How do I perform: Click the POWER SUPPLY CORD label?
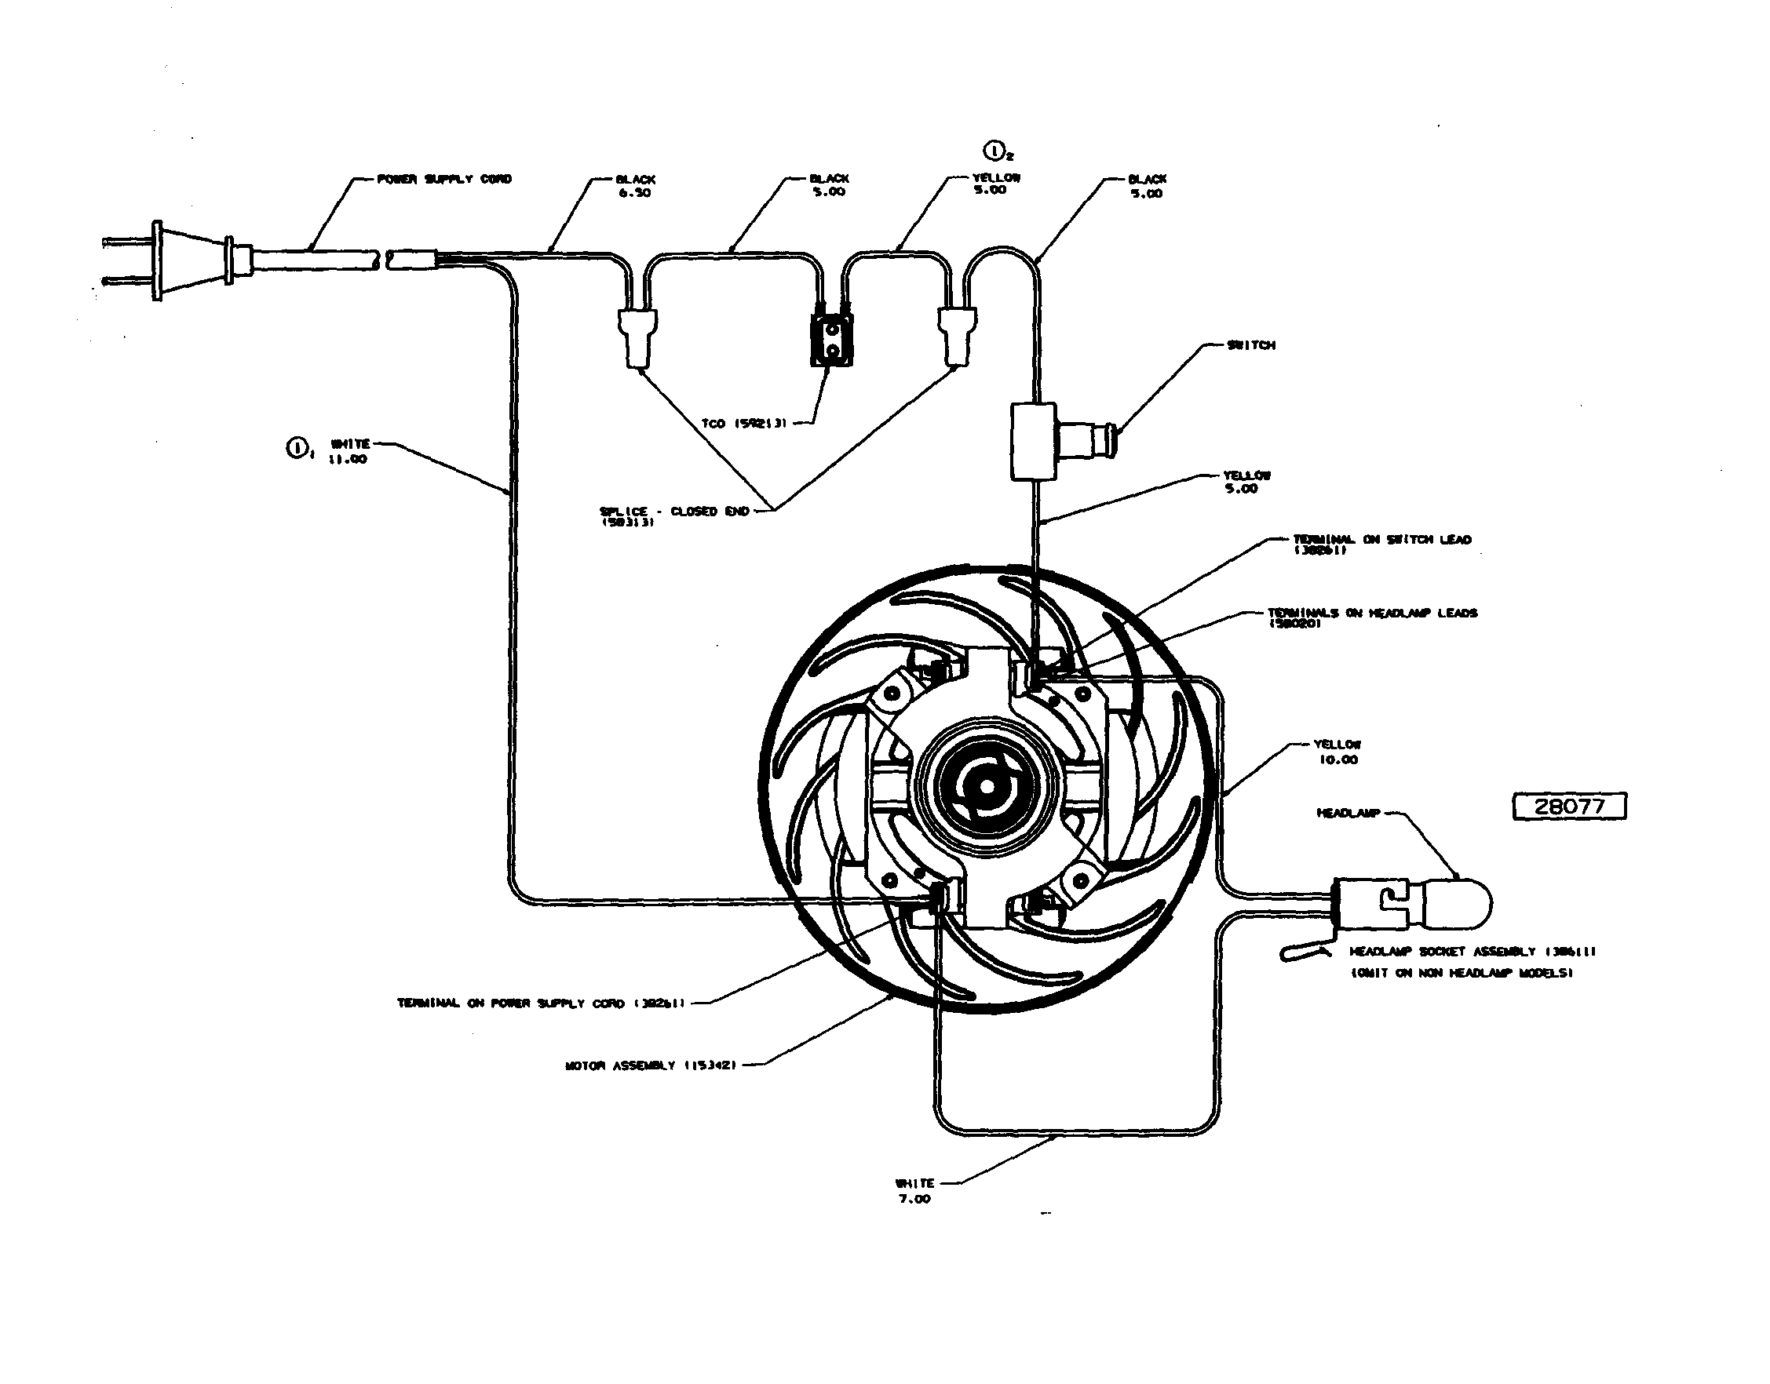tap(444, 179)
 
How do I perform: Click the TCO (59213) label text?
tap(744, 424)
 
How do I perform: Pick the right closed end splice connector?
tap(955, 337)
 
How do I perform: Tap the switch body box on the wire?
tap(1033, 442)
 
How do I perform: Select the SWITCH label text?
tap(1251, 345)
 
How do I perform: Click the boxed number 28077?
tap(1569, 807)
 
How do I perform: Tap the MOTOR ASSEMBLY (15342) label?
tap(650, 1065)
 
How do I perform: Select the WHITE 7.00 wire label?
tap(915, 1191)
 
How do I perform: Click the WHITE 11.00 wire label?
tap(349, 451)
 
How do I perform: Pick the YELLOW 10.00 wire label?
tap(1338, 752)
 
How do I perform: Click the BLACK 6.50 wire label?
tap(635, 187)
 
